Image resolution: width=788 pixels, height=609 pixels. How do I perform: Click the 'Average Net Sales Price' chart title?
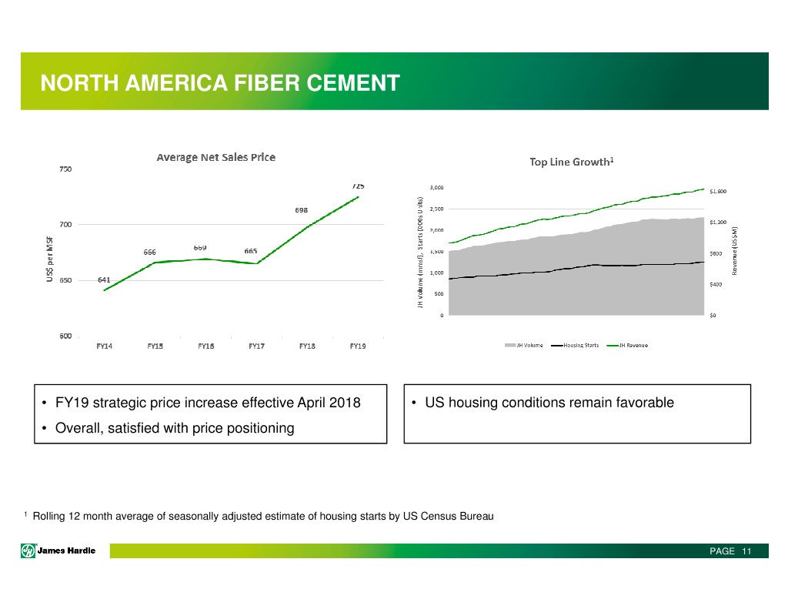(216, 158)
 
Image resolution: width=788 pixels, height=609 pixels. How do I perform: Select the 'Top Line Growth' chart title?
(570, 162)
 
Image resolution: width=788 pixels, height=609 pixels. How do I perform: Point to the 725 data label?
(358, 186)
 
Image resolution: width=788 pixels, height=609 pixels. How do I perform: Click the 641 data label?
(104, 279)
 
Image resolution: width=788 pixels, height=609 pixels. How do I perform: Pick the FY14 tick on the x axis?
(104, 346)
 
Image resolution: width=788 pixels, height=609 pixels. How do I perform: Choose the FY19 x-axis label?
(358, 346)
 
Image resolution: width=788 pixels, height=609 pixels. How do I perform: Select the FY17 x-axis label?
(256, 346)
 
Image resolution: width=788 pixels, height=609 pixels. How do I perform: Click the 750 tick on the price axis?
(66, 169)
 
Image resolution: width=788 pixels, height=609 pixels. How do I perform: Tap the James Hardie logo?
(59, 550)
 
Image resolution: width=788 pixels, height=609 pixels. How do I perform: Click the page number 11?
(746, 551)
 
